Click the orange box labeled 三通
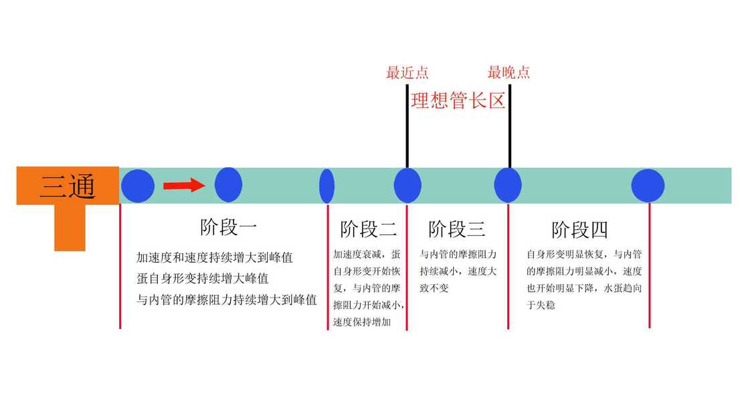pyautogui.click(x=68, y=186)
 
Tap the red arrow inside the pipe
pyautogui.click(x=184, y=185)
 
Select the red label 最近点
pyautogui.click(x=407, y=73)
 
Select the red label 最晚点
pyautogui.click(x=508, y=73)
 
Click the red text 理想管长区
pyautogui.click(x=458, y=102)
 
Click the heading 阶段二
pyautogui.click(x=368, y=229)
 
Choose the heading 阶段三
pyautogui.click(x=457, y=229)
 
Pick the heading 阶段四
pyautogui.click(x=579, y=230)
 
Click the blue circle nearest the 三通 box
pyautogui.click(x=138, y=186)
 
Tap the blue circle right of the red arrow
pyautogui.click(x=228, y=185)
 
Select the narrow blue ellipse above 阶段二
pyautogui.click(x=327, y=186)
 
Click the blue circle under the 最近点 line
pyautogui.click(x=407, y=186)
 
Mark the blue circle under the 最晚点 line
pyautogui.click(x=508, y=186)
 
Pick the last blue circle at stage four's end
pyautogui.click(x=648, y=186)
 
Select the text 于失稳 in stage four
pyautogui.click(x=541, y=306)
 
